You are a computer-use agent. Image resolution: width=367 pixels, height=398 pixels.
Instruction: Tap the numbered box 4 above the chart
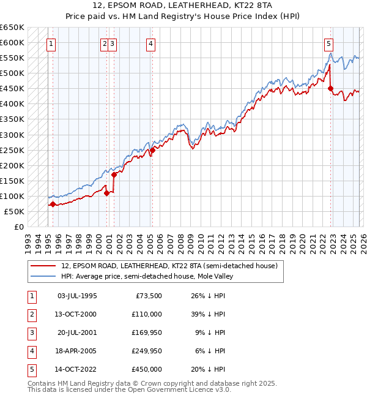(x=150, y=43)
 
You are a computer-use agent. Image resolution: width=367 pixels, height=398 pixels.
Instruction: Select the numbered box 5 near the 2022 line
(x=329, y=43)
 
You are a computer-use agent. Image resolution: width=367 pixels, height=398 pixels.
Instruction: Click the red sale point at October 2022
(x=330, y=88)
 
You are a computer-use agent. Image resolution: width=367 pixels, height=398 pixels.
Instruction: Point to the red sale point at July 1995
(x=53, y=204)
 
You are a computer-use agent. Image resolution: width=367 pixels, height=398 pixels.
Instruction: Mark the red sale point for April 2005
(x=152, y=150)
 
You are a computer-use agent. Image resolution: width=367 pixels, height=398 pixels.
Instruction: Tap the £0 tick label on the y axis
(x=18, y=227)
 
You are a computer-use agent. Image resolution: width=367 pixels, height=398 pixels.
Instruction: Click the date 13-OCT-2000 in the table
(x=76, y=314)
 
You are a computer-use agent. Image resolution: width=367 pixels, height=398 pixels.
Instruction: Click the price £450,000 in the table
(x=147, y=369)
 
